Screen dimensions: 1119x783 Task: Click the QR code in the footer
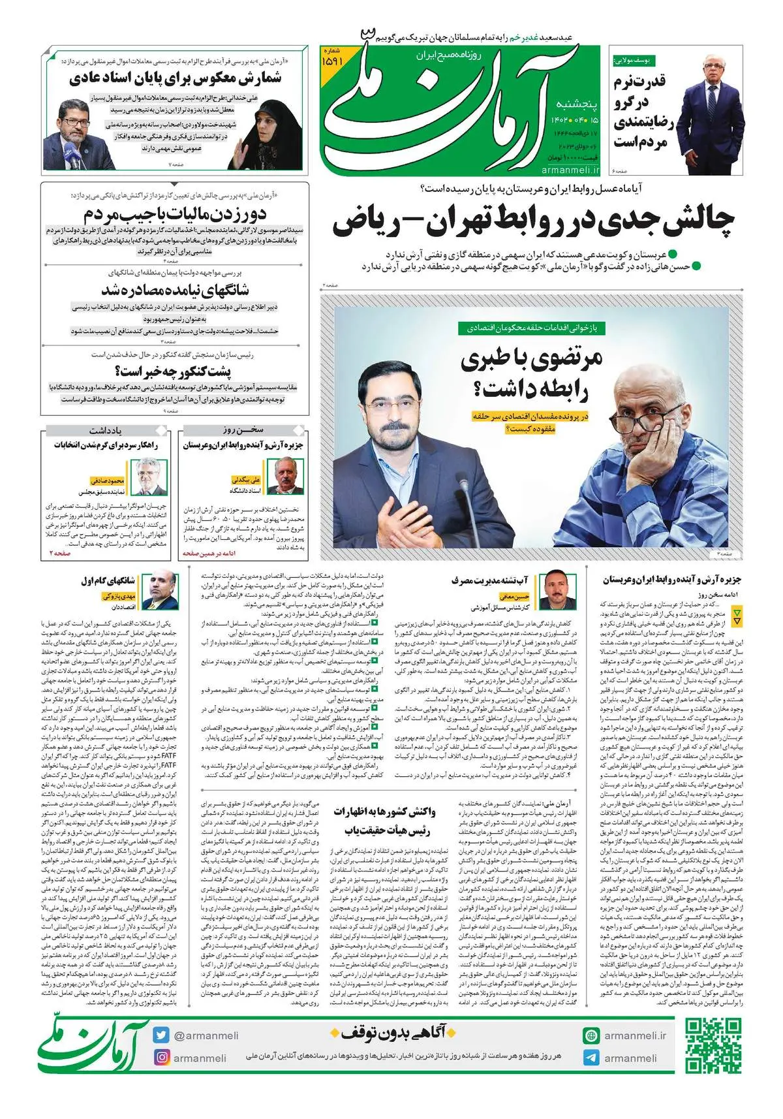coord(713,1045)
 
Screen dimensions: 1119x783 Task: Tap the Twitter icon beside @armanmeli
coord(161,1035)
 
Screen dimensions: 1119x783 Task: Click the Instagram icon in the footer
coord(161,1057)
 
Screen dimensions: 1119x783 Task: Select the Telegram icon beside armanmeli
coord(591,1058)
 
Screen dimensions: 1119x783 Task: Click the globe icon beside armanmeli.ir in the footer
coord(591,1035)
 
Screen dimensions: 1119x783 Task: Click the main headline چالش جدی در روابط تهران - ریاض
coord(533,223)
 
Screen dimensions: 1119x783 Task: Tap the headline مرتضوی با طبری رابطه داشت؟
coord(531,374)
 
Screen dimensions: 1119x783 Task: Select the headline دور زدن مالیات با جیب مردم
coord(175,214)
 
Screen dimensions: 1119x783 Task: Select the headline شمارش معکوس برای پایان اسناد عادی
coord(175,80)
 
